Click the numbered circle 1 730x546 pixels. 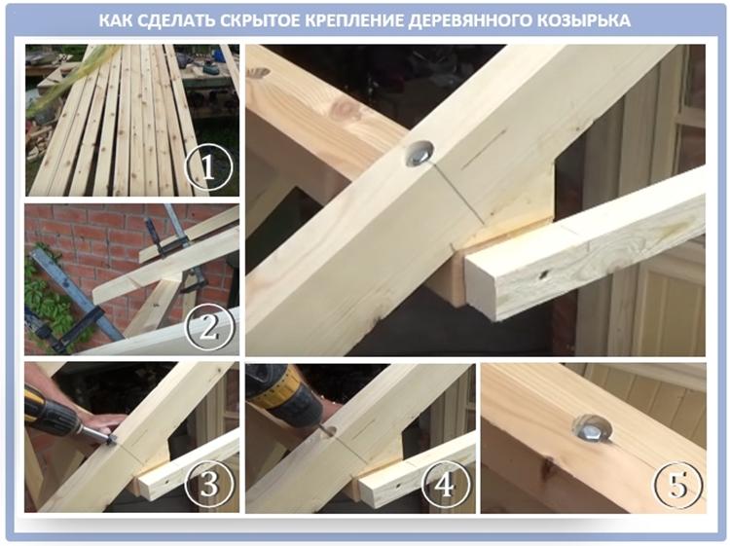(x=208, y=167)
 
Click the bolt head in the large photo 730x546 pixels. (x=420, y=153)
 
